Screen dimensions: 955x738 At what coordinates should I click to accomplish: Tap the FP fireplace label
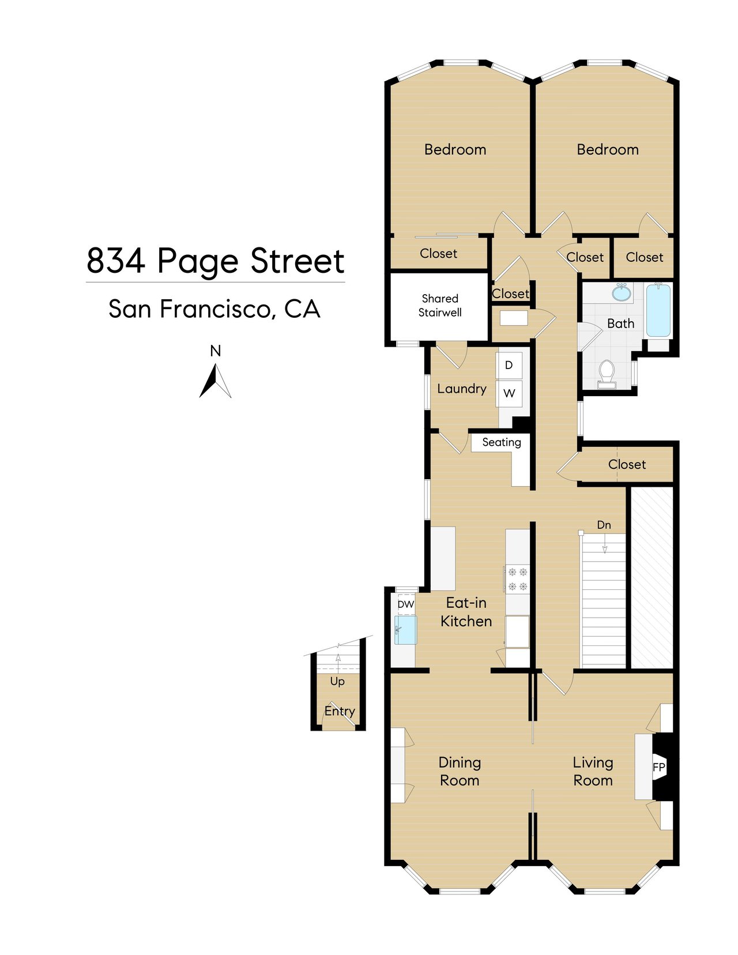click(658, 767)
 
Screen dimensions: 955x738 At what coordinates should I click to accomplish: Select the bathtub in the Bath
click(658, 310)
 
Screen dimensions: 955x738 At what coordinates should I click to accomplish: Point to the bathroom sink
click(621, 293)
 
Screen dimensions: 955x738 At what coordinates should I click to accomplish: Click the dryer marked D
click(509, 365)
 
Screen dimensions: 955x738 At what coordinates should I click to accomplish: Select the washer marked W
click(509, 393)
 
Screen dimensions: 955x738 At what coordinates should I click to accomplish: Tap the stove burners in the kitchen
click(517, 579)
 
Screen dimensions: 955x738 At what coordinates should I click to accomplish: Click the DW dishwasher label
click(406, 604)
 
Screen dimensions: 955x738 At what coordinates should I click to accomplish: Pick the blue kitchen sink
click(406, 629)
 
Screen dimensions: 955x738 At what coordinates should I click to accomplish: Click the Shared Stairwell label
click(440, 306)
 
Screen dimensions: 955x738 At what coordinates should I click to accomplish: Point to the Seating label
click(501, 442)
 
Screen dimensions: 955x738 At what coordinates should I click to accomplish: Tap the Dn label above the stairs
click(604, 525)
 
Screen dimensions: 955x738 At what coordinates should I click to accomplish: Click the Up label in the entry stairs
click(337, 681)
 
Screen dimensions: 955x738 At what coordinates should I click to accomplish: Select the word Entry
click(340, 711)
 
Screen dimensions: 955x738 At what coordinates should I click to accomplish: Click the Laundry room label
click(461, 389)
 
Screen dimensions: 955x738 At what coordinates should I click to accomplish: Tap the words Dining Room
click(460, 771)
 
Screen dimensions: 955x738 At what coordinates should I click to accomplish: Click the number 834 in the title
click(116, 261)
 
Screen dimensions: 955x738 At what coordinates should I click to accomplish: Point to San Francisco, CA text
click(214, 309)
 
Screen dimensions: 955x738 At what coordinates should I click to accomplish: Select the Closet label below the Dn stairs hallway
click(627, 464)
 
